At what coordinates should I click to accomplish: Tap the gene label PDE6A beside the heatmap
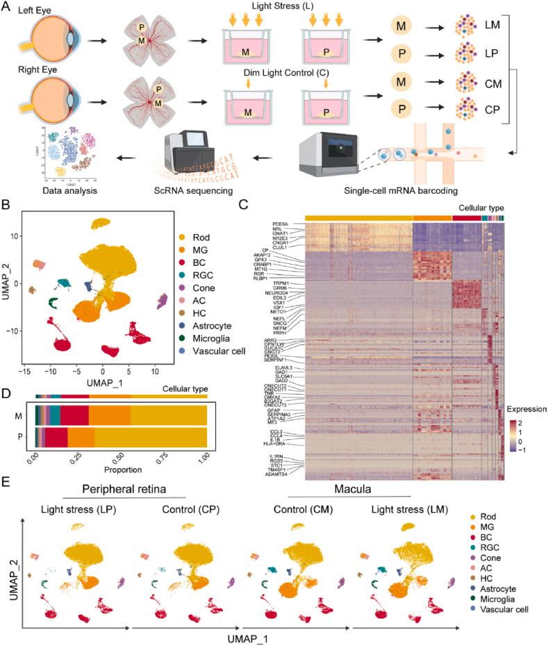[279, 224]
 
